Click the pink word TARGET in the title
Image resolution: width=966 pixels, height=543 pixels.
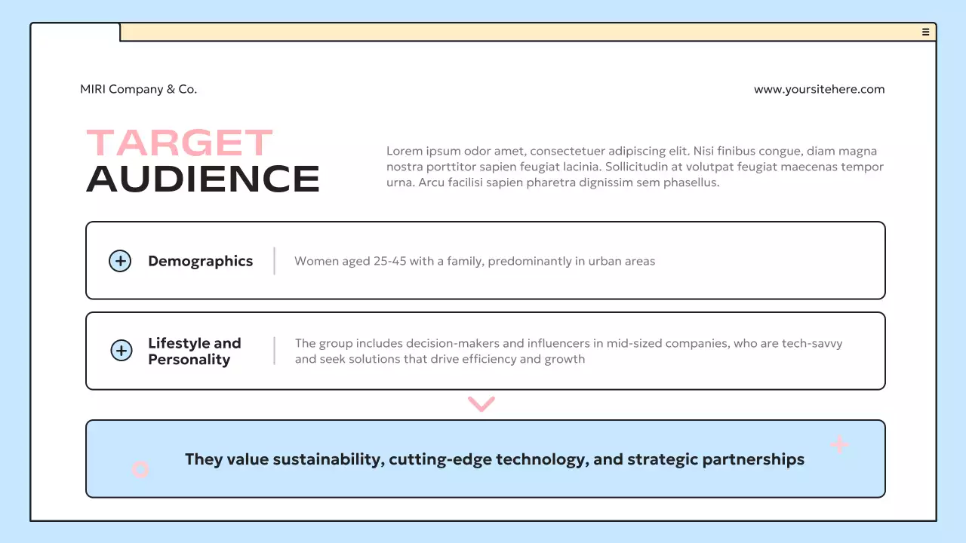point(179,143)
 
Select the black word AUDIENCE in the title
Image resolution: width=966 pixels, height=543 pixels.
point(203,179)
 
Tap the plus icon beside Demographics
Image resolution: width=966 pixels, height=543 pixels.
point(120,261)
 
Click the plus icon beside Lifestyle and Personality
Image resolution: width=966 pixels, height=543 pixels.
point(122,351)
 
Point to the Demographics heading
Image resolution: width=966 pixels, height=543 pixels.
point(200,261)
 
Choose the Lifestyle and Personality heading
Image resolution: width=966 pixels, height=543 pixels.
point(194,351)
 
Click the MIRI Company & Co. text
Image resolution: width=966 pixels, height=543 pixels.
point(138,89)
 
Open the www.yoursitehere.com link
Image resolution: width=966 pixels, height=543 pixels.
point(819,89)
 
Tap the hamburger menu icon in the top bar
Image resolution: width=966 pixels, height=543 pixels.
point(925,32)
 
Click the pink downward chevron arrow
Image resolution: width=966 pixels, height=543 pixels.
point(481,404)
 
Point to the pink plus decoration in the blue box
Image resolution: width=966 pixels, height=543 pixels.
point(839,444)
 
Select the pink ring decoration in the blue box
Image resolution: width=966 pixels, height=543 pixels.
point(140,470)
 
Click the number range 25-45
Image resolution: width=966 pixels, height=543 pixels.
point(389,262)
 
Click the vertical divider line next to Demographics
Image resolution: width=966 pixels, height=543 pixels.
point(274,261)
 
